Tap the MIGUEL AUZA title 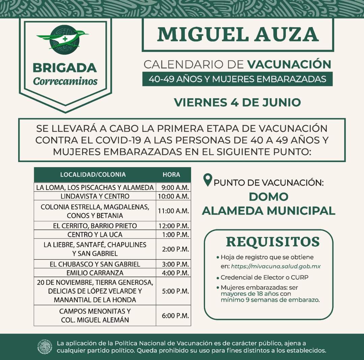[x=238, y=34]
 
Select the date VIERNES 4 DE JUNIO [x=237, y=102]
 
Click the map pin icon [x=208, y=179]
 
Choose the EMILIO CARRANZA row [x=95, y=272]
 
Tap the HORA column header [x=171, y=174]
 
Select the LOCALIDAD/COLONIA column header [x=93, y=174]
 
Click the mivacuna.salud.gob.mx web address [x=276, y=266]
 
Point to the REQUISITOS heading [x=273, y=242]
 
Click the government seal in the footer [x=44, y=347]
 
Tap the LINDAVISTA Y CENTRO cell [x=95, y=196]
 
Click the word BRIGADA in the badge [x=65, y=68]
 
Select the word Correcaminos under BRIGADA [x=65, y=81]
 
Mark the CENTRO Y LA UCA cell [x=95, y=234]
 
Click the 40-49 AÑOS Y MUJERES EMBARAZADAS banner [x=237, y=79]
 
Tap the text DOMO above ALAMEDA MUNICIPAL [x=269, y=196]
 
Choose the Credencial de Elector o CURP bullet [x=265, y=277]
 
